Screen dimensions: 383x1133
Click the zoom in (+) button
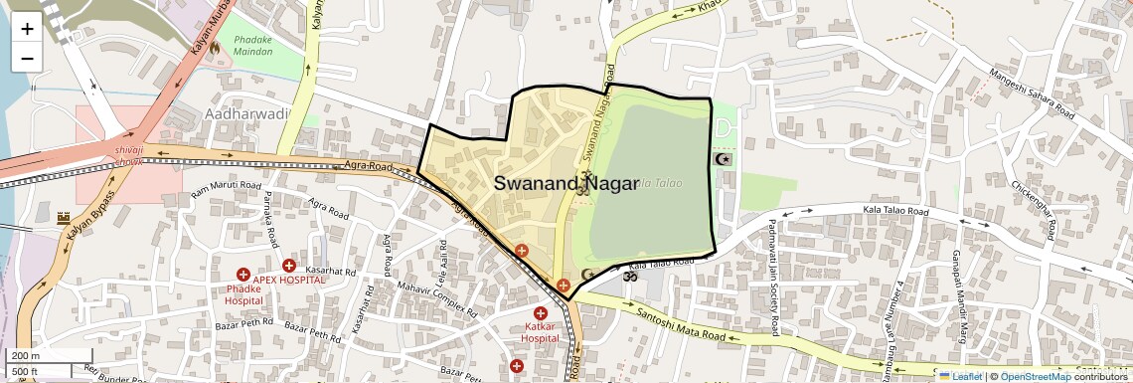27,28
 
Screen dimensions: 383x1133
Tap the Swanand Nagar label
566,183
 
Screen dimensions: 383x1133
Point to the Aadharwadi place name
245,114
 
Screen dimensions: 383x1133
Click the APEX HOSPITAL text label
288,280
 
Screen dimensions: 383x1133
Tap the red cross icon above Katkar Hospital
541,313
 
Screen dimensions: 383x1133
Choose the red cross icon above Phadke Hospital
243,275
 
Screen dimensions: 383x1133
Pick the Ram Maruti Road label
226,186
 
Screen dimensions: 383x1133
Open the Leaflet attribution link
960,376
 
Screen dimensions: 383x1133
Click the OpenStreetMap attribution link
1035,376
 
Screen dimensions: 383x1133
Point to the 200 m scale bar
38,356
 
